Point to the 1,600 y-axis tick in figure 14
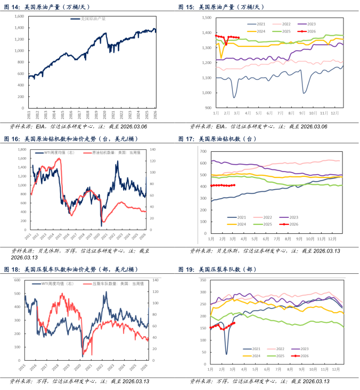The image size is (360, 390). tap(20, 17)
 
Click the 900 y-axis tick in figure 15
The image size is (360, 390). tap(206, 108)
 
